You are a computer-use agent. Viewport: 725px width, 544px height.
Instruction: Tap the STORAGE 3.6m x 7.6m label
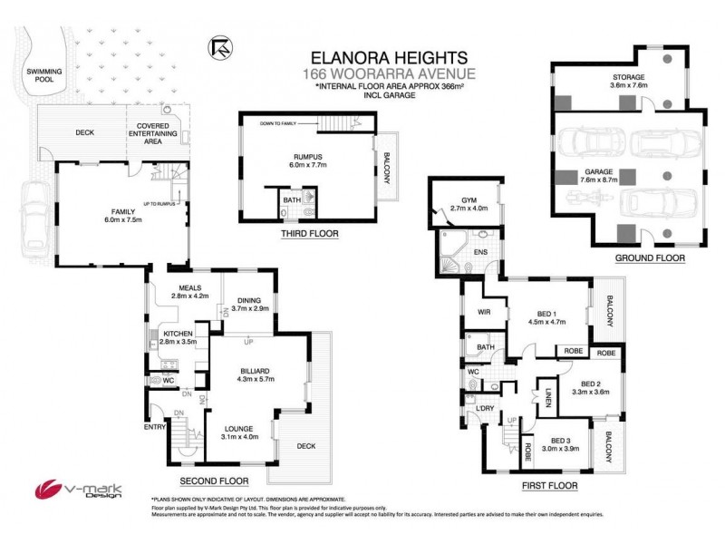pos(628,83)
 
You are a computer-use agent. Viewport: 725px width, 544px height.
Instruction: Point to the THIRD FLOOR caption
pos(310,234)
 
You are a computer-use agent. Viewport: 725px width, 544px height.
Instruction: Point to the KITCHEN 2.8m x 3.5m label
pos(178,339)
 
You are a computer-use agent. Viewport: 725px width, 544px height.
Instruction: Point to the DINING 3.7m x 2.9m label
pos(249,306)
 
